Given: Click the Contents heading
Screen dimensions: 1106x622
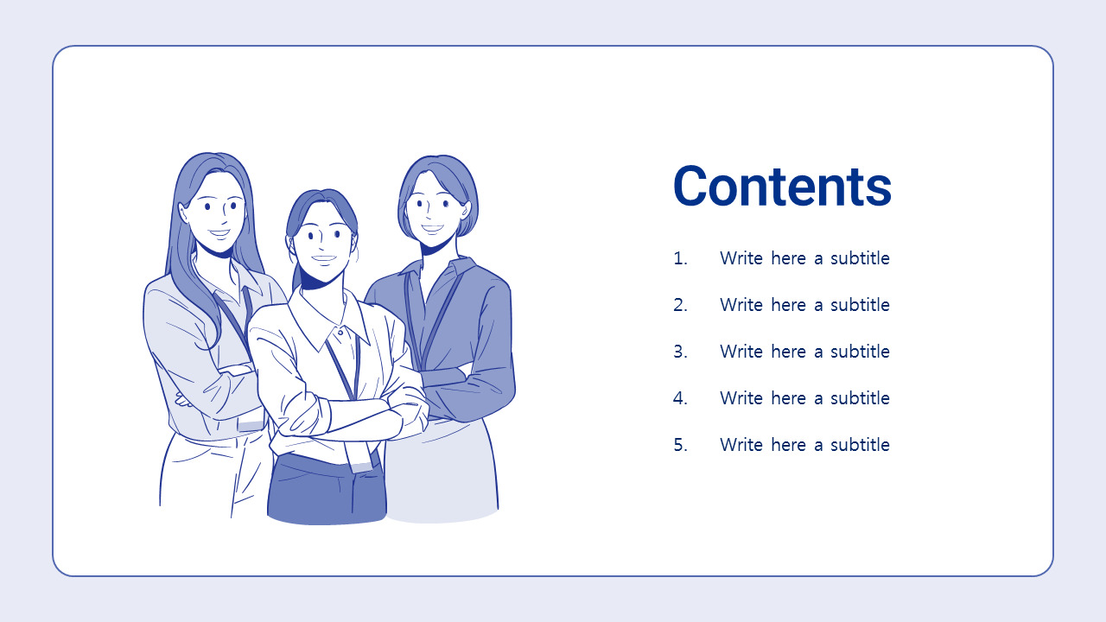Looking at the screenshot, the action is [x=782, y=186].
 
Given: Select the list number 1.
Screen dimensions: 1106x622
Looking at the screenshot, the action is [x=680, y=258].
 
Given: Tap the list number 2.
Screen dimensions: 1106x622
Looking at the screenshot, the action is [x=680, y=305].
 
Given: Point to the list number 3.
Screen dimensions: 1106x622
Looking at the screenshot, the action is [x=680, y=352].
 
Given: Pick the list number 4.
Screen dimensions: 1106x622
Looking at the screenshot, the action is [x=680, y=398].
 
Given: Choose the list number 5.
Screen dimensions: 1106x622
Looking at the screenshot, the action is [x=680, y=445].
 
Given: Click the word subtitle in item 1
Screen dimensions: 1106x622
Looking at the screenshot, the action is [x=860, y=258].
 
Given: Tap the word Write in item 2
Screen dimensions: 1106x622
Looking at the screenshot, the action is [x=741, y=305].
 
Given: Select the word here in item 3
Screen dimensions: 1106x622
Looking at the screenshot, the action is [x=789, y=352].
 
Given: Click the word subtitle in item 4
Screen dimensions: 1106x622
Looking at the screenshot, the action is [x=860, y=398].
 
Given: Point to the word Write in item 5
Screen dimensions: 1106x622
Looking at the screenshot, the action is [x=741, y=445].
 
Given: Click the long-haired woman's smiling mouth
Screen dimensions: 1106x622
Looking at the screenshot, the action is [x=219, y=233].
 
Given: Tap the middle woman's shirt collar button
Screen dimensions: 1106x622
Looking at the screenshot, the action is [x=340, y=333].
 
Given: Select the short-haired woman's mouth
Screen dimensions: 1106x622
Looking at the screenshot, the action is [x=433, y=229].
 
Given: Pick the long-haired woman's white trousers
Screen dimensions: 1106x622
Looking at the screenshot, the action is [x=213, y=474].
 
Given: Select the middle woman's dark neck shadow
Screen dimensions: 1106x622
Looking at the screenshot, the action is [x=316, y=280].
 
